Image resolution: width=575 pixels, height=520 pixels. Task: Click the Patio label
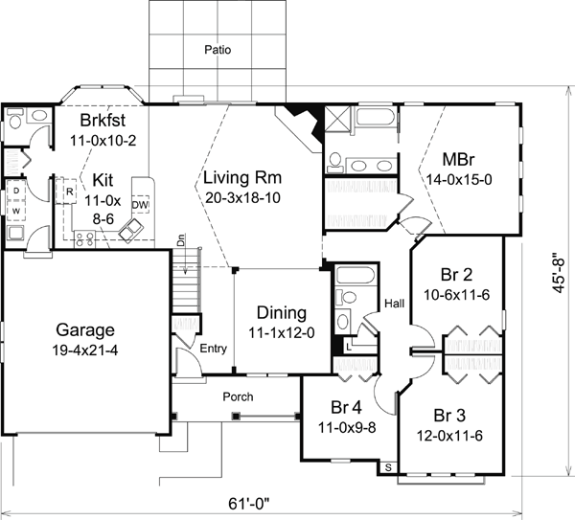[218, 49]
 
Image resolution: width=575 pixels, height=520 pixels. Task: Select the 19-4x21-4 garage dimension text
[82, 350]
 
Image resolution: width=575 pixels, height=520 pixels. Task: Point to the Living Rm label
[240, 176]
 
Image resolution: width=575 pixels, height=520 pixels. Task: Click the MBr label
[461, 158]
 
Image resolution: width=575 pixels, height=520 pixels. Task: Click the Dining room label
[281, 313]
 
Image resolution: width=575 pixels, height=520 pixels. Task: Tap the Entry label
[212, 350]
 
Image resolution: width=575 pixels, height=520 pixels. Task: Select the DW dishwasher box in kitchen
[140, 205]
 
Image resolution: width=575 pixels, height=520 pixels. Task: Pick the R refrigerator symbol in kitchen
[71, 191]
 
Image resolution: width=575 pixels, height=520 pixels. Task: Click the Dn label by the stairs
[180, 242]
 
